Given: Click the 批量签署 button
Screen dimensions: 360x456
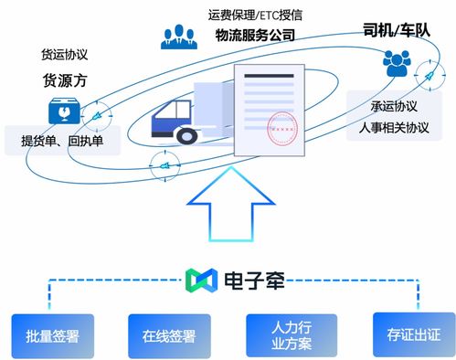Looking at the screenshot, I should point(53,335).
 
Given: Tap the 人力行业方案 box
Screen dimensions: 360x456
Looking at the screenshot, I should point(286,334).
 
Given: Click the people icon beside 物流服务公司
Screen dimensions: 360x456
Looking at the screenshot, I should point(180,36).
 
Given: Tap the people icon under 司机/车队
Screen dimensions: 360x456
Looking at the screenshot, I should point(396,64).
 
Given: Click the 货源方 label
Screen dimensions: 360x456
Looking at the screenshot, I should point(63,80).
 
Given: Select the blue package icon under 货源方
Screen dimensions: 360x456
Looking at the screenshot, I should point(63,111).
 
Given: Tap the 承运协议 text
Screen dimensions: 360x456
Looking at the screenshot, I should point(396,104).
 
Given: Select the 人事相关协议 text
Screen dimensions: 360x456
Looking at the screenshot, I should point(396,126).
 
